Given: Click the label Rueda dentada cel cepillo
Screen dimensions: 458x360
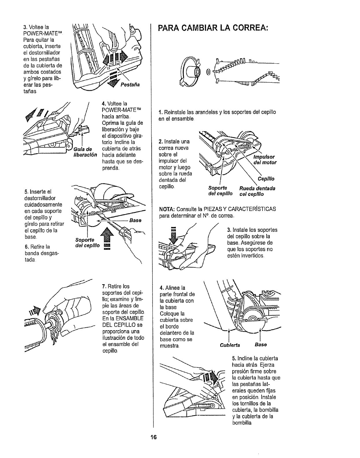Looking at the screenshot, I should coord(257,191).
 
